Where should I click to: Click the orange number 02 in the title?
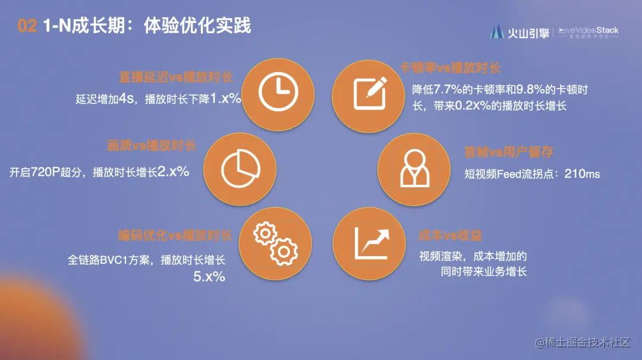[x=27, y=26]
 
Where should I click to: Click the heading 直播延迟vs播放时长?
[x=175, y=78]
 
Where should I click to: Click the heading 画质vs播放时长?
[x=152, y=146]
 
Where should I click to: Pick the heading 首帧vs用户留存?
[x=509, y=153]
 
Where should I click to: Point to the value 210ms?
[x=583, y=174]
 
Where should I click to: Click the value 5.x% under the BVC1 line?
[x=209, y=276]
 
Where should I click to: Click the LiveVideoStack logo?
[x=588, y=32]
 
